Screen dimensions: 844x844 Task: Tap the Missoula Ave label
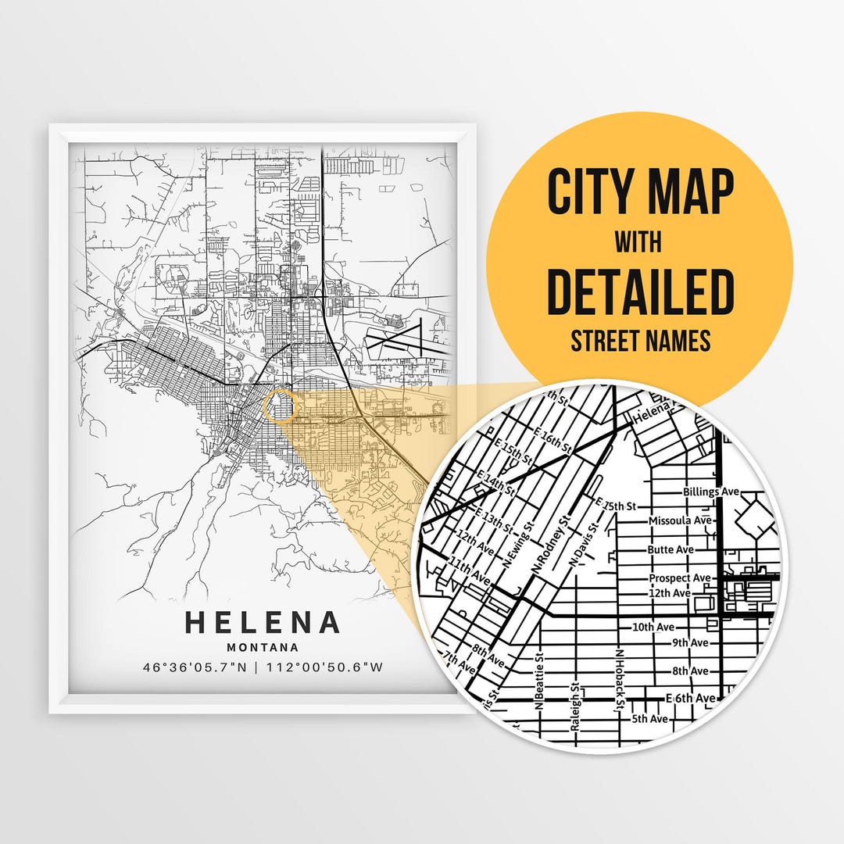coord(680,520)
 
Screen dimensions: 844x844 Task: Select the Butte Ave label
coord(671,549)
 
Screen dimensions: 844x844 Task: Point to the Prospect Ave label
coord(680,578)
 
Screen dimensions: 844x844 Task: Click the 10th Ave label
coord(653,628)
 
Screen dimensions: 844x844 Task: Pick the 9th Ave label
coord(689,642)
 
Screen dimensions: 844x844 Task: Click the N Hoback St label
coord(619,680)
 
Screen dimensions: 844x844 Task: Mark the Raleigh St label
coord(574,707)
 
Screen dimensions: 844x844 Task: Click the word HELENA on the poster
coord(263,623)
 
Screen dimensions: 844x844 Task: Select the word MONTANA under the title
coord(263,647)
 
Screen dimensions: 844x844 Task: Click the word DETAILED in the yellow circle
coord(640,290)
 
